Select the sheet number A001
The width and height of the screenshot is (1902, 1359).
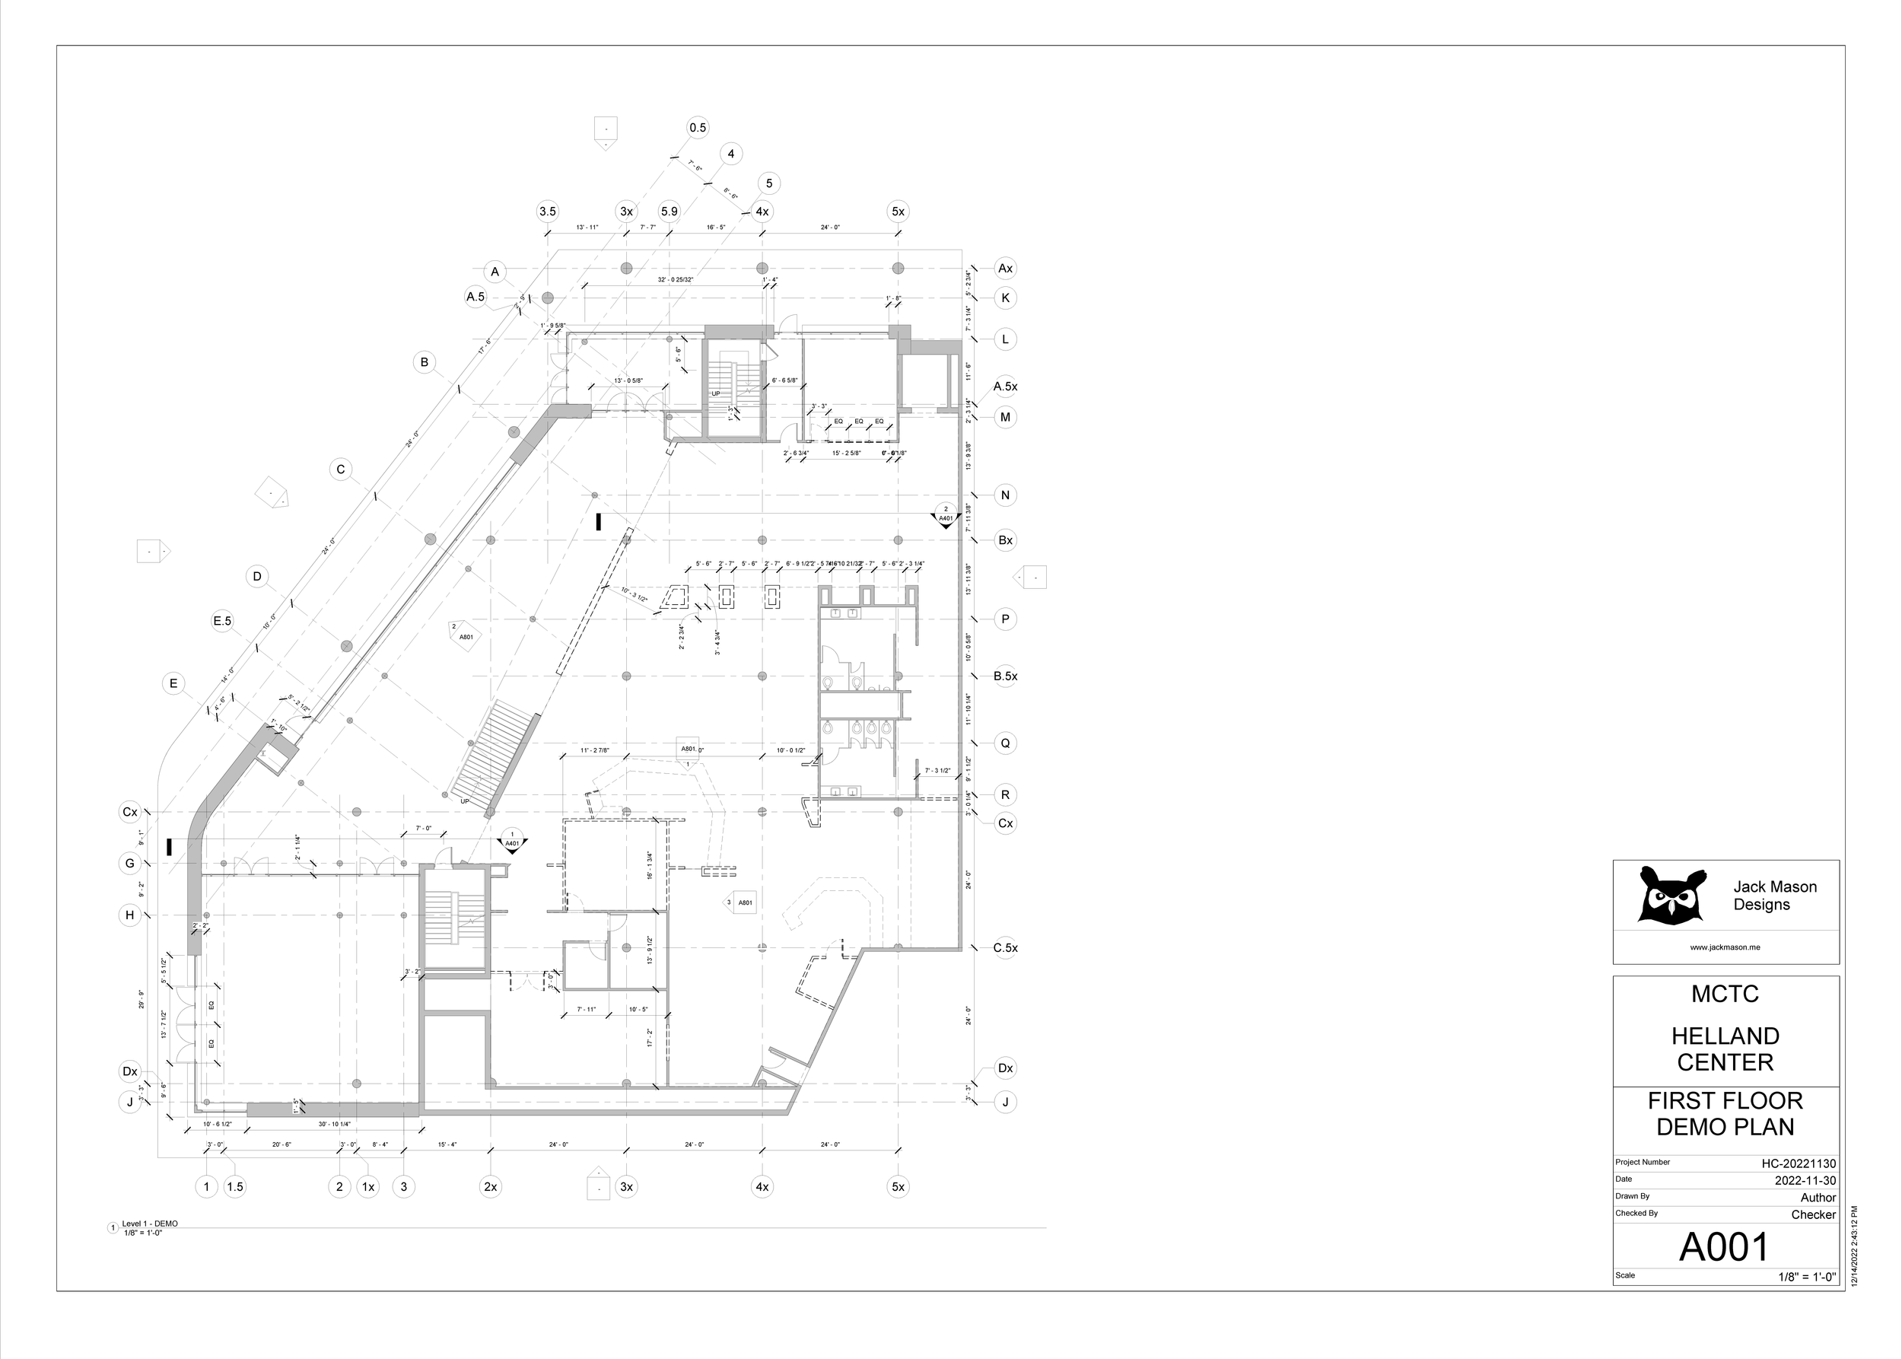[1725, 1248]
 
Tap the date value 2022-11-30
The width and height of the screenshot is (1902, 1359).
[1805, 1181]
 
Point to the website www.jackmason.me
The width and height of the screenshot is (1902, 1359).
[1725, 947]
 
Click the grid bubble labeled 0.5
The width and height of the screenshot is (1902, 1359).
[697, 128]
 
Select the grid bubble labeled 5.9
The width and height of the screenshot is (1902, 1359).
[669, 212]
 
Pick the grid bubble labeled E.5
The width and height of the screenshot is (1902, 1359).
[221, 621]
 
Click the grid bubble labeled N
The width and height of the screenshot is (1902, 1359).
[1005, 495]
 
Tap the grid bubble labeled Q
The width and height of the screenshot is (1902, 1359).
[1005, 743]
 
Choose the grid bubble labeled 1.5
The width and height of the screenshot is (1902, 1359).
[235, 1186]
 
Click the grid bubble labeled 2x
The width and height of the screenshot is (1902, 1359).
[491, 1186]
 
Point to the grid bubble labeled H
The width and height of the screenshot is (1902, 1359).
[129, 915]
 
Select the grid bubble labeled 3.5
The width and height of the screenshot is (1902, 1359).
[547, 212]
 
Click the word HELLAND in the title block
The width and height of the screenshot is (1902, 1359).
[1725, 1036]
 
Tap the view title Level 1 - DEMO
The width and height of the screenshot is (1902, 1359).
[150, 1224]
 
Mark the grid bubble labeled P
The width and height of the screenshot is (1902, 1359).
[1005, 620]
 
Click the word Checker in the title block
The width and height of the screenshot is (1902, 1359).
[1813, 1215]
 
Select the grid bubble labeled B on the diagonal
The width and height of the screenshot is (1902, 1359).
[425, 362]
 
